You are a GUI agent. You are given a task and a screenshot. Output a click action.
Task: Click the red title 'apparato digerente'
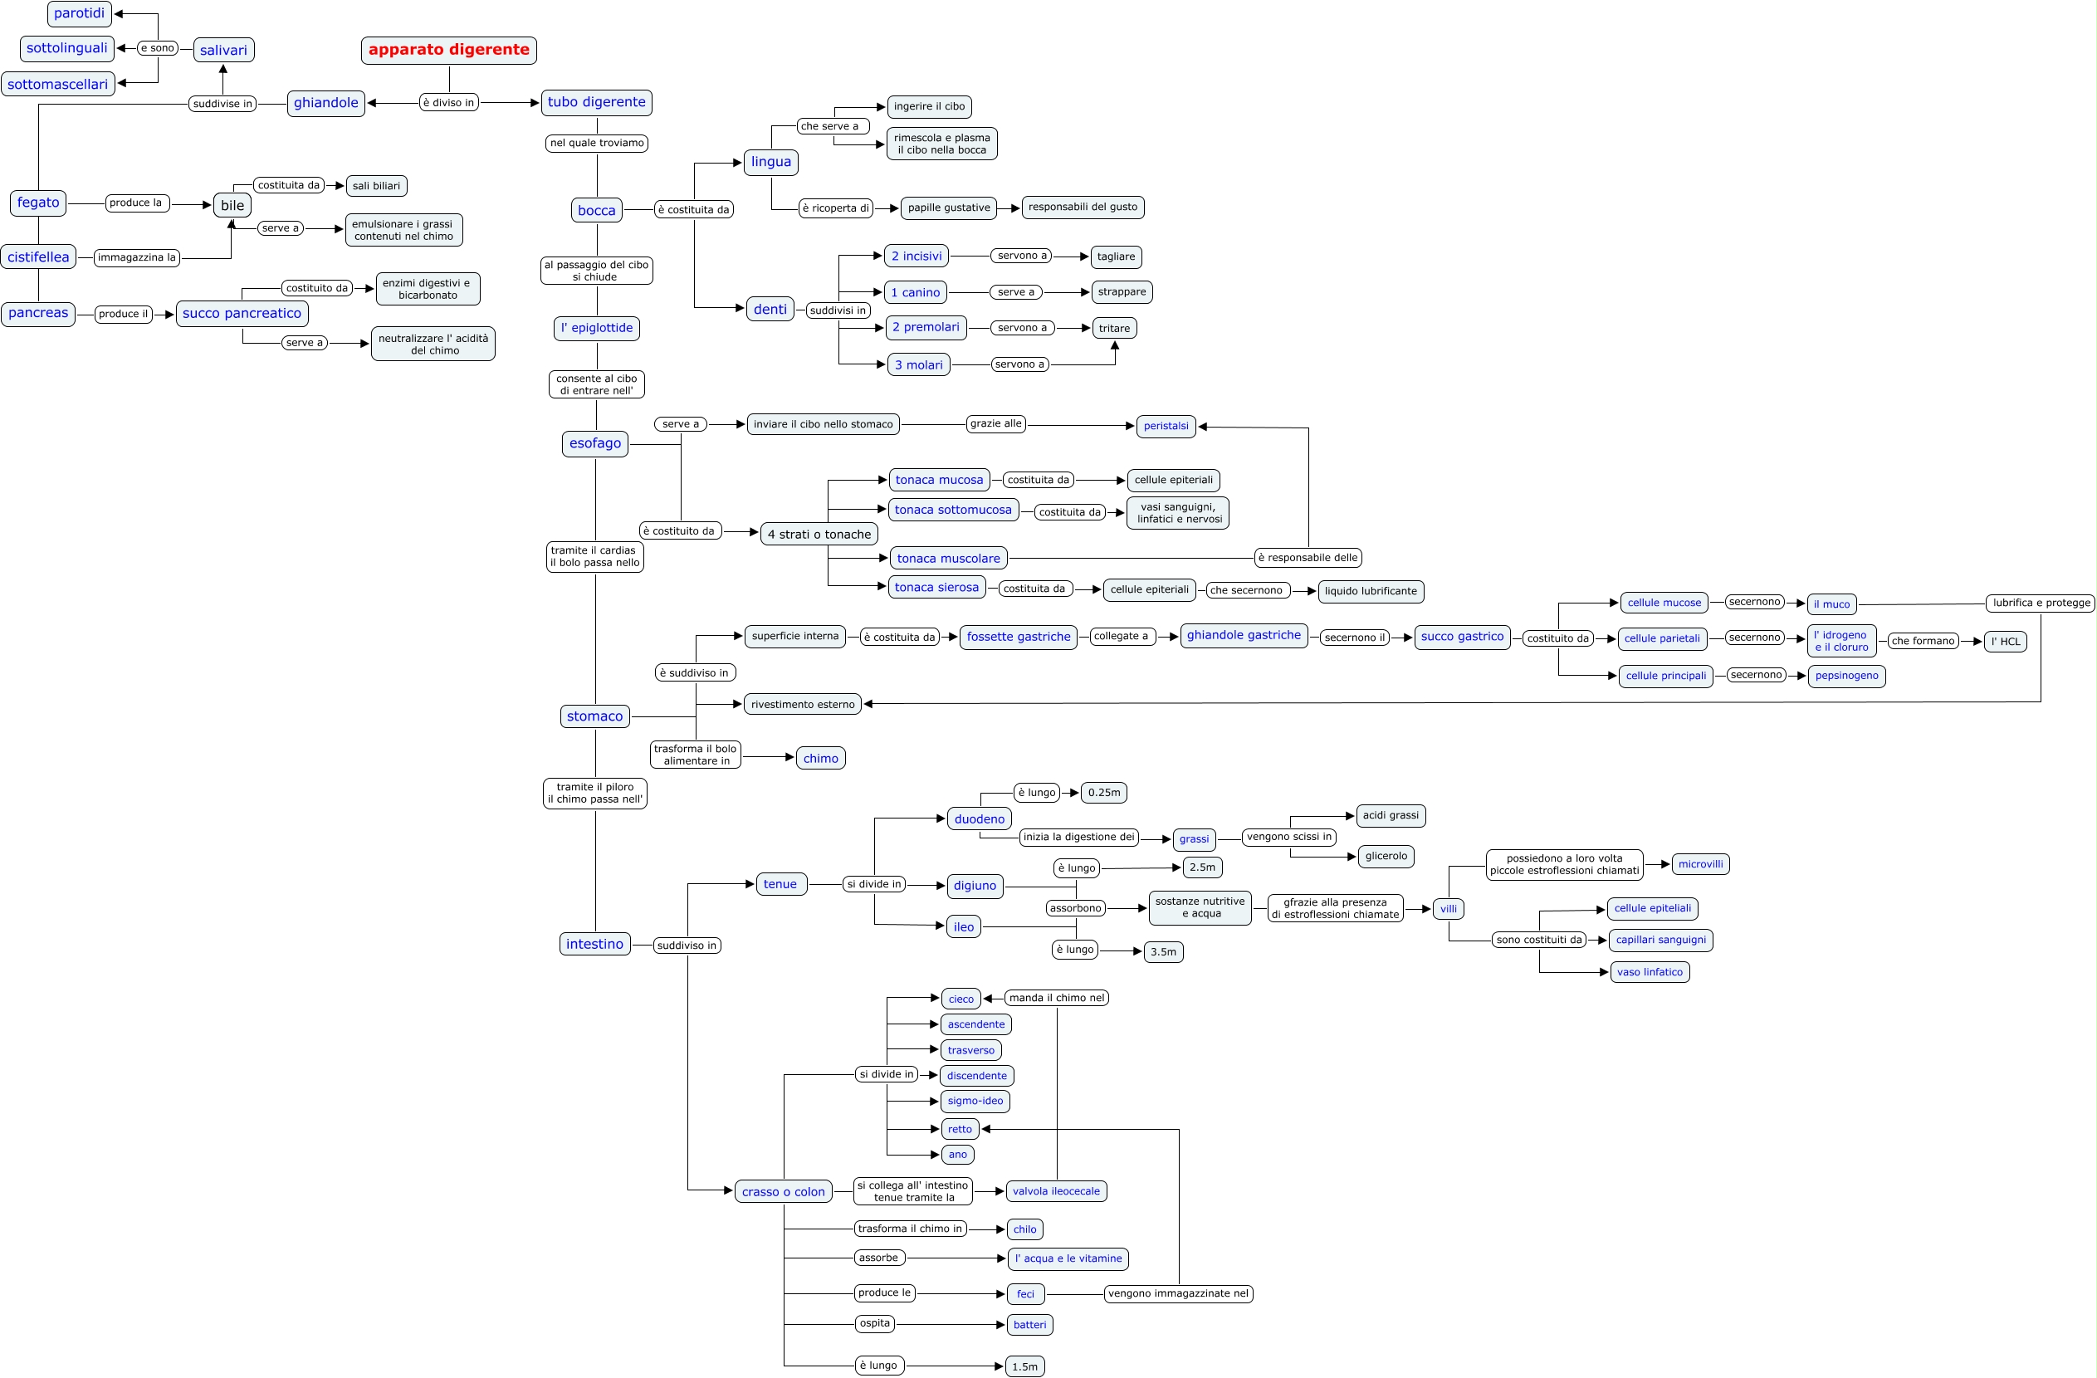[448, 50]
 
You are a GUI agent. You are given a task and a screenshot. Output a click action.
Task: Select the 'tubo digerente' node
[597, 102]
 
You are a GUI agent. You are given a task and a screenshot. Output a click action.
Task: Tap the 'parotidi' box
[80, 13]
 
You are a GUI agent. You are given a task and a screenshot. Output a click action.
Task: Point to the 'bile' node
[232, 205]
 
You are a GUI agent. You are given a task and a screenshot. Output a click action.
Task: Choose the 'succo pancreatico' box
[242, 314]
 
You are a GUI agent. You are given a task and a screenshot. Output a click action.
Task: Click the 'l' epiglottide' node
[597, 328]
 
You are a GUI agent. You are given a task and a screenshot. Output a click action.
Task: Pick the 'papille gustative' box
[948, 208]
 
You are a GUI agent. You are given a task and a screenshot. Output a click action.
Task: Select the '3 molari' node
[918, 364]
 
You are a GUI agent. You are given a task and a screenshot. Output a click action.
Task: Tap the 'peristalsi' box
[1166, 427]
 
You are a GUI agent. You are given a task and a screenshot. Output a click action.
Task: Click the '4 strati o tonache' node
[819, 534]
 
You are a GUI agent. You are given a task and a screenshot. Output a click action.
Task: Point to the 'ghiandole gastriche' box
[1244, 635]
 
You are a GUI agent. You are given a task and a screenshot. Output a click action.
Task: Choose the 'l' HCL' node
[2006, 642]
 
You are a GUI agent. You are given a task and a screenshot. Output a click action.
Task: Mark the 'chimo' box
[820, 759]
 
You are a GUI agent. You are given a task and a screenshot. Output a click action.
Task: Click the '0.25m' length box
[1103, 793]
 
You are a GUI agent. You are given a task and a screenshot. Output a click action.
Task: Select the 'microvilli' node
[1699, 864]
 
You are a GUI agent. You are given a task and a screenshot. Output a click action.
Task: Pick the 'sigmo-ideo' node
[975, 1102]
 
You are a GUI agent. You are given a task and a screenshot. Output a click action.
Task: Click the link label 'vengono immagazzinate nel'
[1178, 1293]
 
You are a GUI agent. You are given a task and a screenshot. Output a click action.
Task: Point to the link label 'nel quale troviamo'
[597, 143]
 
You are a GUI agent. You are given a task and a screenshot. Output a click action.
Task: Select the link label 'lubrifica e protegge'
[2041, 603]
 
